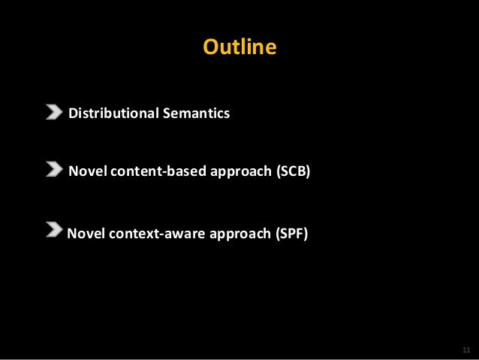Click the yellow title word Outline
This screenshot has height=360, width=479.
pyautogui.click(x=239, y=48)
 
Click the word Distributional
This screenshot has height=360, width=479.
pyautogui.click(x=112, y=114)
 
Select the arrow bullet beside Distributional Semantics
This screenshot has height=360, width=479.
pyautogui.click(x=54, y=113)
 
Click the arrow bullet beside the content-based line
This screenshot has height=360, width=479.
pyautogui.click(x=54, y=169)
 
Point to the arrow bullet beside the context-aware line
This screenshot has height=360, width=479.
pyautogui.click(x=54, y=229)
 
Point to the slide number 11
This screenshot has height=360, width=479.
pyautogui.click(x=465, y=350)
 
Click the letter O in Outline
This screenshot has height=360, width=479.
pyautogui.click(x=210, y=48)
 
